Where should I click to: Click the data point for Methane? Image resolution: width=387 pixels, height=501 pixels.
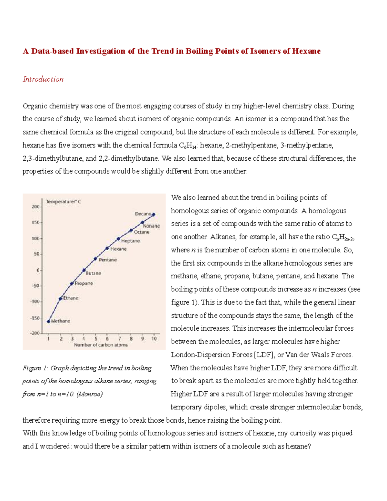(x=49, y=321)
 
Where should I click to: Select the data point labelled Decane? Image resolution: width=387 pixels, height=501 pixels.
(x=154, y=215)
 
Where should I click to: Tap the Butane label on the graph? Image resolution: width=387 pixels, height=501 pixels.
(x=93, y=273)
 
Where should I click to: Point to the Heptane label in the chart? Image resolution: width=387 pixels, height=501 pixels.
(x=130, y=241)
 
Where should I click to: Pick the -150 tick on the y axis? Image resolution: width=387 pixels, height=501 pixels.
(x=35, y=318)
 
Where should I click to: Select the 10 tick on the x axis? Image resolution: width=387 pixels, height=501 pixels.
(x=154, y=339)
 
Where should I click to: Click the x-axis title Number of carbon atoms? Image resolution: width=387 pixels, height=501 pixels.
(x=101, y=345)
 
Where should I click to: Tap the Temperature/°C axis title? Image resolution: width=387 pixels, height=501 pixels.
(x=63, y=202)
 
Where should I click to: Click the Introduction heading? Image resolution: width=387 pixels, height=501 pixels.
(x=43, y=79)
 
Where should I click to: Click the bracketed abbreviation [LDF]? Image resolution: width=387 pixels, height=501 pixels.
(x=264, y=355)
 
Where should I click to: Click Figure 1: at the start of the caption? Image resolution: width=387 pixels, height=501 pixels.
(x=35, y=368)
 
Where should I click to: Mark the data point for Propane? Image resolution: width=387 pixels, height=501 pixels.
(x=72, y=284)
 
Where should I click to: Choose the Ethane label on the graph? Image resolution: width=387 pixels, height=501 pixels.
(x=71, y=298)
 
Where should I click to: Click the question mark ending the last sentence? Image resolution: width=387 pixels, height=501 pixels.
(x=309, y=446)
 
